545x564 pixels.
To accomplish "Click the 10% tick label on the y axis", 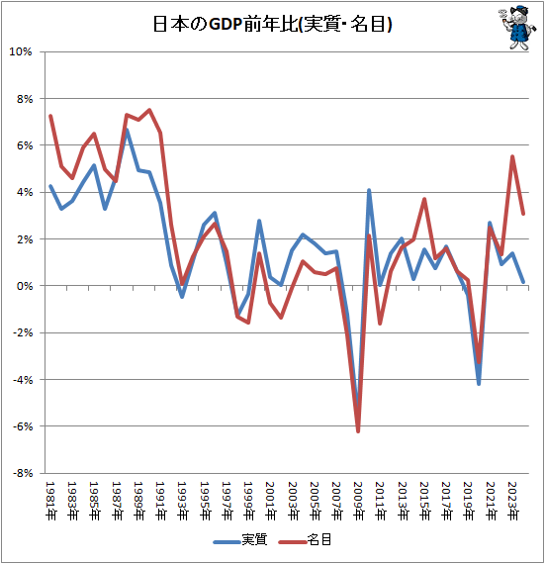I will tap(22, 51).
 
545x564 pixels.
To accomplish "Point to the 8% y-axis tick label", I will tap(25, 99).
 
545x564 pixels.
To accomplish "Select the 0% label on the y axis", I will tap(25, 286).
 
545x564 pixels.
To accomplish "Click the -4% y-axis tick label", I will tap(23, 380).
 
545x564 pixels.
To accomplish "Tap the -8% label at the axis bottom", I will tap(23, 473).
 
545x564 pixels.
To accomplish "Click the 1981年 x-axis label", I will tap(50, 498).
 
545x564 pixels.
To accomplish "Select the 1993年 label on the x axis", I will tap(181, 498).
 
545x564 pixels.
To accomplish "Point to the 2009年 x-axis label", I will tap(357, 498).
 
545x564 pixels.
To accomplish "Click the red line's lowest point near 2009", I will tap(358, 431).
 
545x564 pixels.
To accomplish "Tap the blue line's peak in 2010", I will tap(369, 190).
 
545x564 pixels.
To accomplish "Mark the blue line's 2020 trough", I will tap(479, 383).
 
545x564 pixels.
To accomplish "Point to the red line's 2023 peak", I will tap(512, 156).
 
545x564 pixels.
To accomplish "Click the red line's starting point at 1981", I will tap(50, 116).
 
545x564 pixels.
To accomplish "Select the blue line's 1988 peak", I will tap(128, 130).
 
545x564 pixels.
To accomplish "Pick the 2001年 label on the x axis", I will tap(269, 498).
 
